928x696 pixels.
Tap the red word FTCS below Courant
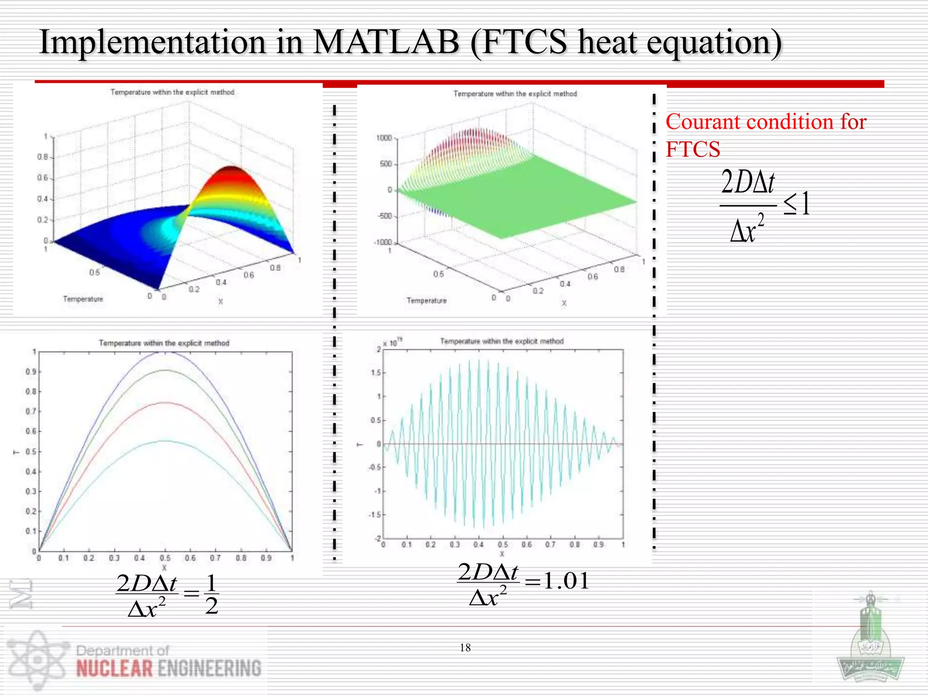tap(692, 149)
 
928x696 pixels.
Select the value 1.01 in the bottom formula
tap(566, 580)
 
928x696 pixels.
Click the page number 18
tap(465, 648)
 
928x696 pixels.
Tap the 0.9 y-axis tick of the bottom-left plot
tap(30, 372)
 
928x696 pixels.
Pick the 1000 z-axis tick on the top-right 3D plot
tap(384, 138)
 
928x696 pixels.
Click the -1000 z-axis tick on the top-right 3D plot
tap(382, 242)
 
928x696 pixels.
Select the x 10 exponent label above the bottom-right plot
tap(392, 343)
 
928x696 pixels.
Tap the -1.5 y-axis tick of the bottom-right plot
tap(375, 515)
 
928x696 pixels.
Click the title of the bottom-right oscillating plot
tap(502, 341)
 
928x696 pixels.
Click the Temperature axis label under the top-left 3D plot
tap(83, 299)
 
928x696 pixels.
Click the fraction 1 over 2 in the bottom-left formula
tap(211, 594)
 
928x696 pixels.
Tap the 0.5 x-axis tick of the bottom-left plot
tap(165, 558)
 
